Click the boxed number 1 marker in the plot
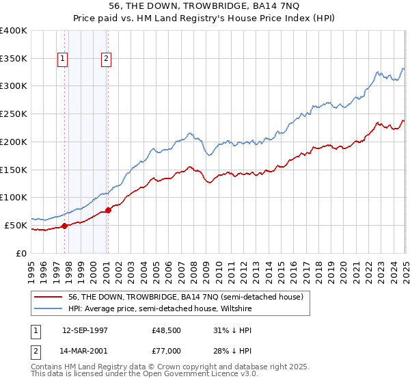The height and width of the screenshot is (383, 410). click(63, 59)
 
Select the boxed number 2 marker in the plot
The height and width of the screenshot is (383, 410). click(107, 59)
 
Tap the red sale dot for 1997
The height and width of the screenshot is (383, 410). click(64, 226)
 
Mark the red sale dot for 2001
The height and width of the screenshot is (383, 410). click(108, 210)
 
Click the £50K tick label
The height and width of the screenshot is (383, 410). click(16, 225)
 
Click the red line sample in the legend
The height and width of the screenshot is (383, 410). click(48, 296)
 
